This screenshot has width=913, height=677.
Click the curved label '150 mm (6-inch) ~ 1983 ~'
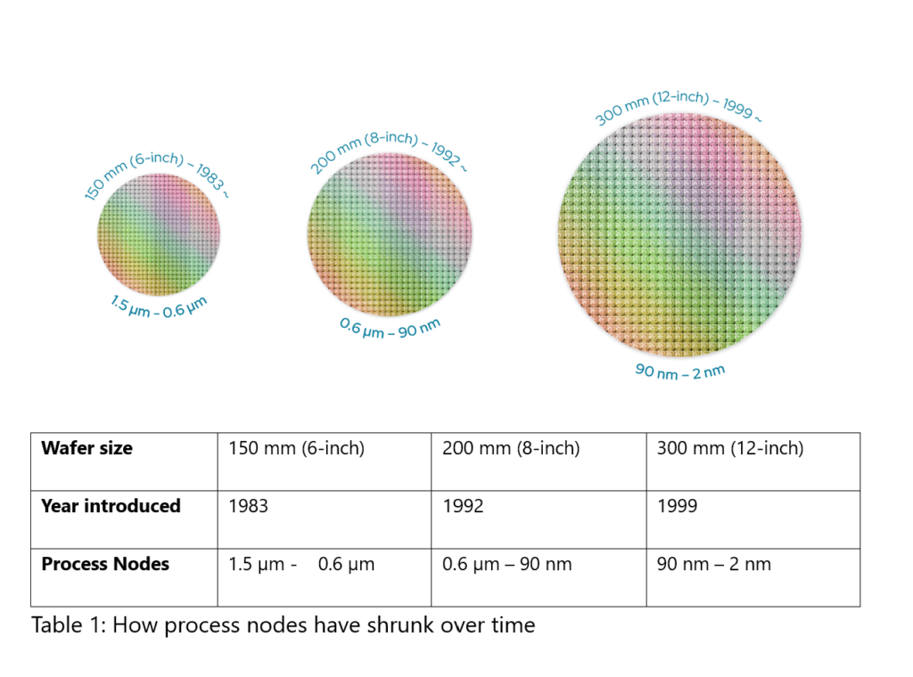pos(152,168)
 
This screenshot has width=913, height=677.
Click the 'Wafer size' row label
pos(86,448)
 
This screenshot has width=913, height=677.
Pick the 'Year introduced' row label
pos(111,506)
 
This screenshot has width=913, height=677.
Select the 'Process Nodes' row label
pos(105,564)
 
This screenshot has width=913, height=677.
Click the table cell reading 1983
pos(249,506)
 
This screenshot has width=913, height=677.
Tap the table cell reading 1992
pos(463,506)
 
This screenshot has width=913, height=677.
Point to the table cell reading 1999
pos(678,506)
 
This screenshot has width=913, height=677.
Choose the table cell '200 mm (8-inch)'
pos(511,448)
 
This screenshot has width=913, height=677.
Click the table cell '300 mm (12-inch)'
pos(730,448)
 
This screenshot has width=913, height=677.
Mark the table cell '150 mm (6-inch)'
pos(297,448)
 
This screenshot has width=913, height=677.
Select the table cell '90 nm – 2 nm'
pos(714,564)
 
